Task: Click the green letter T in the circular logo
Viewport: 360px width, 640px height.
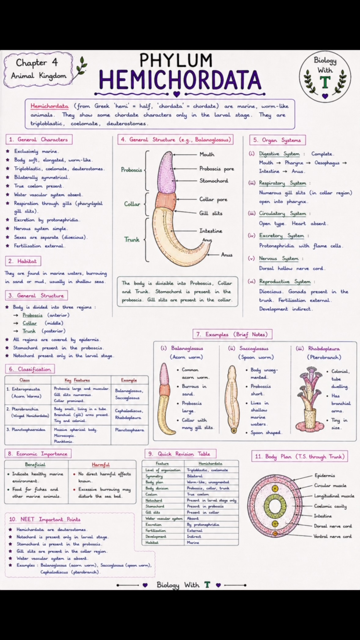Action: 325,82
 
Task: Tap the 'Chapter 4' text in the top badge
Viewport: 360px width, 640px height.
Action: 37,63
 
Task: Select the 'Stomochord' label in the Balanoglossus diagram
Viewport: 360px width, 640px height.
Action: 214,181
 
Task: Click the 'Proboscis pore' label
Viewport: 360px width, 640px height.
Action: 216,169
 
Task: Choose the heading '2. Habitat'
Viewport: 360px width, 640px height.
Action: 23,261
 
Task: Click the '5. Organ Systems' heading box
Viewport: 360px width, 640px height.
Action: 277,140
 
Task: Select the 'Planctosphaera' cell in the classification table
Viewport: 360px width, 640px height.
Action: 129,430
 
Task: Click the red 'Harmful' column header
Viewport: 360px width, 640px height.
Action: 100,465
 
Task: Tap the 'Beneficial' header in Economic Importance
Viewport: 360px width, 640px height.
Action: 35,464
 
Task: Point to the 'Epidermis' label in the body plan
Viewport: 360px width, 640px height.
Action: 325,475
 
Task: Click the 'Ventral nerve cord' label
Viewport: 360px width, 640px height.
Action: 333,536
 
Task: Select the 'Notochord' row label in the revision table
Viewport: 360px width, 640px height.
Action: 154,500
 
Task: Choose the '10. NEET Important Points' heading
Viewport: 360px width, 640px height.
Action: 45,519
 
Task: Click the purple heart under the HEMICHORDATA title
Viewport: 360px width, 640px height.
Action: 176,94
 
